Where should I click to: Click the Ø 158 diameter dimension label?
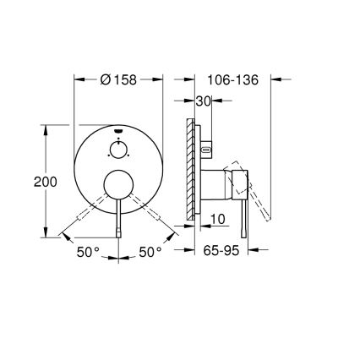(x=118, y=80)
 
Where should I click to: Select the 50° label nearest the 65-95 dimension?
(x=150, y=251)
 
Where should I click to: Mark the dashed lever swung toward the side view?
(x=158, y=217)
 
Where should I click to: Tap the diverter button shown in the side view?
(x=205, y=151)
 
